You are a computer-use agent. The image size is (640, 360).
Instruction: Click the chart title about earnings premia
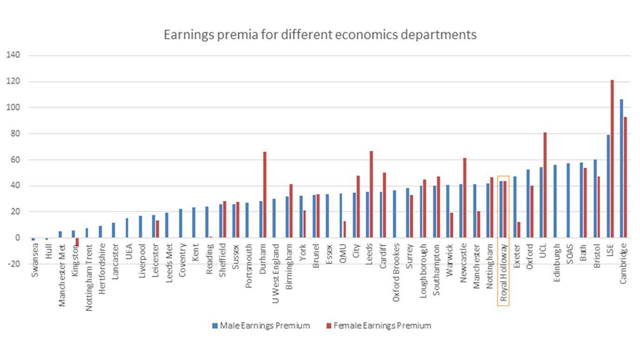point(320,34)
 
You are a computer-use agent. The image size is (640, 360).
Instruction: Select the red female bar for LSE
point(612,158)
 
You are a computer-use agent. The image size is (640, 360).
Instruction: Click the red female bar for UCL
point(545,185)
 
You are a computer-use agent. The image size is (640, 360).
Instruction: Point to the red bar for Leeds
point(371,194)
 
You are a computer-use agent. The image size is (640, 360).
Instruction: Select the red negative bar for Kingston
point(77,242)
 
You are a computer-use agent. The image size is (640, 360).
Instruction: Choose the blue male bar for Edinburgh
point(555,201)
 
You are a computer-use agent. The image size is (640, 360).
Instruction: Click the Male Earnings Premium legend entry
point(260,326)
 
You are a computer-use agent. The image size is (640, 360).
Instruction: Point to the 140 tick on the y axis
point(13,55)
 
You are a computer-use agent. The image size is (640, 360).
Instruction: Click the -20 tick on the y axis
point(13,264)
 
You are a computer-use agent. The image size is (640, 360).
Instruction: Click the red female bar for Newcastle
point(464,198)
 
